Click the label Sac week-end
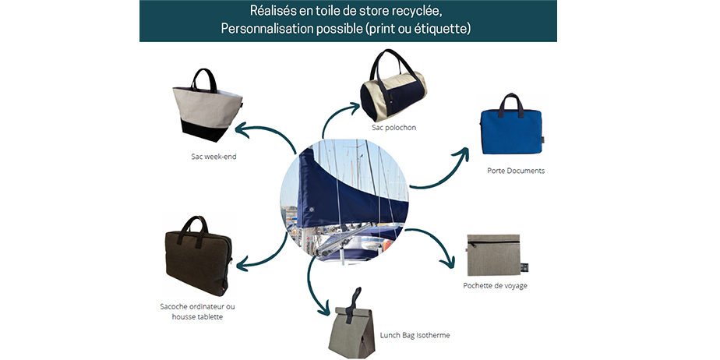(214, 157)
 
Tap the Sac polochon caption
(394, 127)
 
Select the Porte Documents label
(516, 171)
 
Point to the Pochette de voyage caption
(495, 286)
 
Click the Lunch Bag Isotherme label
(415, 335)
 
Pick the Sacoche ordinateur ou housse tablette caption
(197, 312)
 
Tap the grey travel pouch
(495, 255)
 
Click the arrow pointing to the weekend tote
(266, 133)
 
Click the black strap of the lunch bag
(353, 305)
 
